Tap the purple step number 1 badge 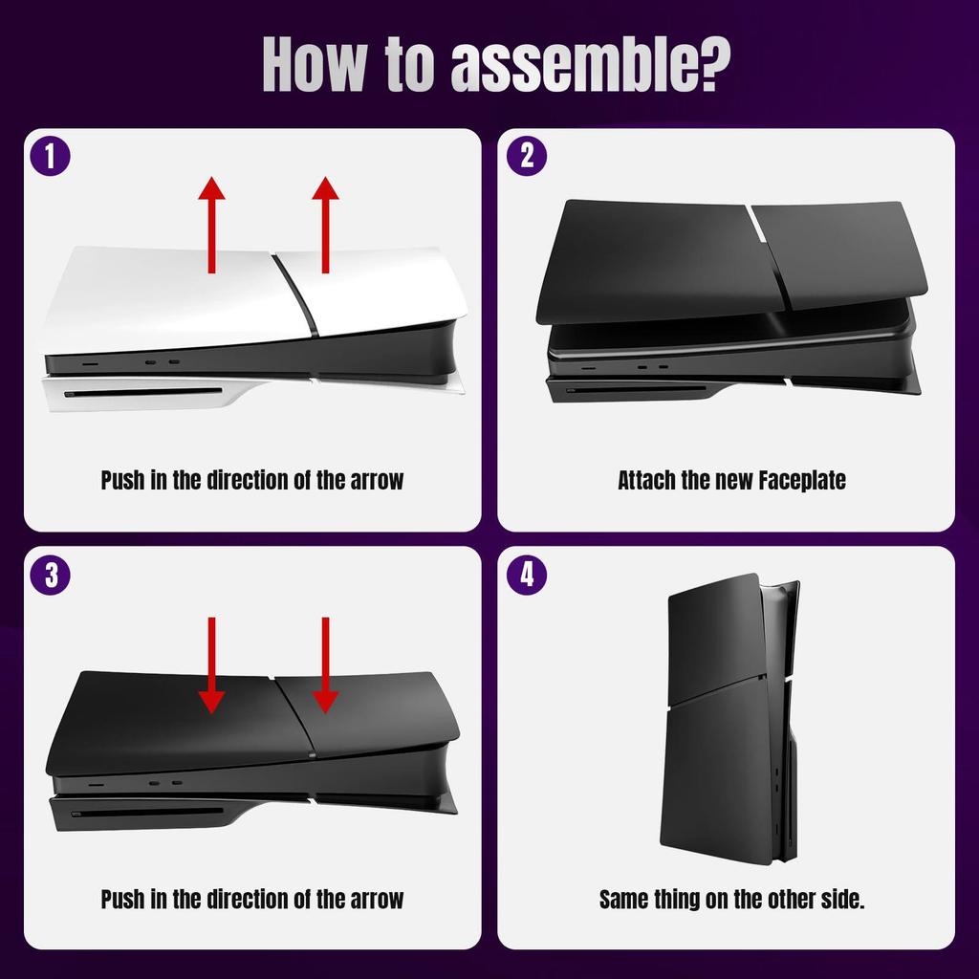coord(50,156)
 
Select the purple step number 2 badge coord(526,156)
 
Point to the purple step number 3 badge coord(50,574)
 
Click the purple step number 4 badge coord(526,574)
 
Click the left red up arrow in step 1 coord(211,225)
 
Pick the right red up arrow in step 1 coord(326,225)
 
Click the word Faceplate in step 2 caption coord(802,480)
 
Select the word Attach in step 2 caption coord(646,480)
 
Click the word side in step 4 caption coord(841,900)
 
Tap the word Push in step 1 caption coord(123,480)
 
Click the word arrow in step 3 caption coord(375,900)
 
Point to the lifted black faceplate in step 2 coord(731,258)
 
